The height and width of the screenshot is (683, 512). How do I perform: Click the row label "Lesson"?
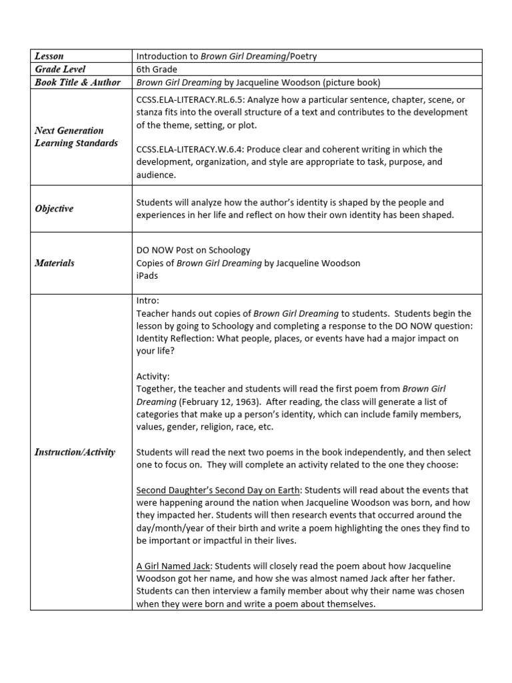pos(49,56)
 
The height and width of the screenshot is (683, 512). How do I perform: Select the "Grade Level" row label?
pos(61,69)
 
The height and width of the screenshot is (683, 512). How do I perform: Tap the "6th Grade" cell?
pos(157,69)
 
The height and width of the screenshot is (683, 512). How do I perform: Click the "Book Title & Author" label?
pos(77,82)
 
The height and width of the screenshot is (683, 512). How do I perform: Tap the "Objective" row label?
pos(54,209)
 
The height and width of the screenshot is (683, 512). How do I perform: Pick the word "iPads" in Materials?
pos(148,275)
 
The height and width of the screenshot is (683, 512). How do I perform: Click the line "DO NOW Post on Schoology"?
pos(193,250)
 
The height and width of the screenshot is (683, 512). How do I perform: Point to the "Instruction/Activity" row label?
pos(75,452)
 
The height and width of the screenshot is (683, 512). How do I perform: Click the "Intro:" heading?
pos(148,301)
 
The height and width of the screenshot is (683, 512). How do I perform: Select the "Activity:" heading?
pos(153,376)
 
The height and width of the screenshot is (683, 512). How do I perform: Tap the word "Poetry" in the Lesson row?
pos(302,56)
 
